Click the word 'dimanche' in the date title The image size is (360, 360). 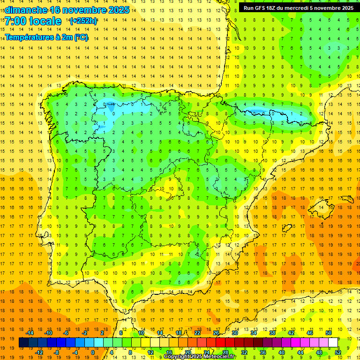click(26, 10)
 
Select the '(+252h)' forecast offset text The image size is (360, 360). click(83, 21)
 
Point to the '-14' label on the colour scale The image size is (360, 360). click(30, 333)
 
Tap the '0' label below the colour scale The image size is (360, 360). click(93, 352)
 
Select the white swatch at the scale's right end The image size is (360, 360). click(333, 343)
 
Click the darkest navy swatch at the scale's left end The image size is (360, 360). click(23, 343)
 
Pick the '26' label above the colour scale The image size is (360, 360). click(216, 333)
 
